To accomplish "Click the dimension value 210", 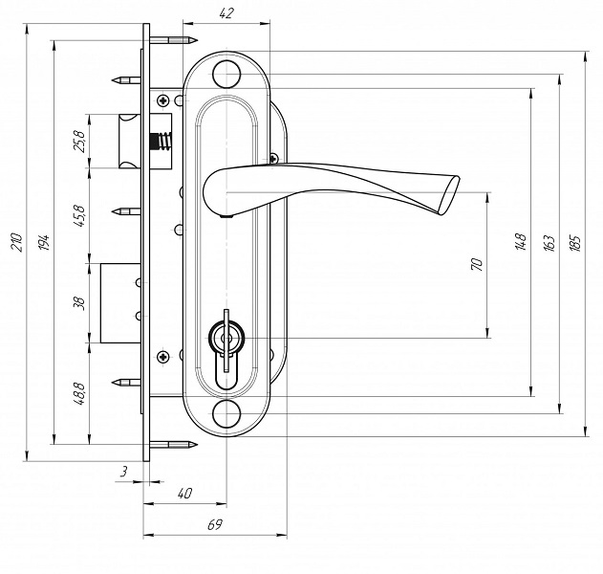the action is (x=18, y=242).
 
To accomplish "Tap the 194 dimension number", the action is (x=45, y=242).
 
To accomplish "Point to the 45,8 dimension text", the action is (x=79, y=216).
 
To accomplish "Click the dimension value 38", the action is (x=79, y=303).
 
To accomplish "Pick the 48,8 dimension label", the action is (x=79, y=394).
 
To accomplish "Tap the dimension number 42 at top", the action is (x=226, y=13).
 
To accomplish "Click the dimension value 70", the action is (x=477, y=264).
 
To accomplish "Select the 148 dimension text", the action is (x=521, y=242).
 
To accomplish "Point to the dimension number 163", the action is (x=549, y=243).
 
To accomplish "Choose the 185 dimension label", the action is (x=575, y=243).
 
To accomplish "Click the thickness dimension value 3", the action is (x=124, y=472).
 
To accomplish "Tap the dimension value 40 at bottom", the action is (x=184, y=494).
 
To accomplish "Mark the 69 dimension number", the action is (x=215, y=524).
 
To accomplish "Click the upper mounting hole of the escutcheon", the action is (x=226, y=74).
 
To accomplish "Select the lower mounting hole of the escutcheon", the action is (x=226, y=414).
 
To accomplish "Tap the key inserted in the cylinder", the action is (x=226, y=341).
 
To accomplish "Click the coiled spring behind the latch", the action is (x=162, y=141).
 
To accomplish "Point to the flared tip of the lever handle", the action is (x=449, y=195).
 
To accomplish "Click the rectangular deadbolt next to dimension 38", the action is (x=120, y=303).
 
